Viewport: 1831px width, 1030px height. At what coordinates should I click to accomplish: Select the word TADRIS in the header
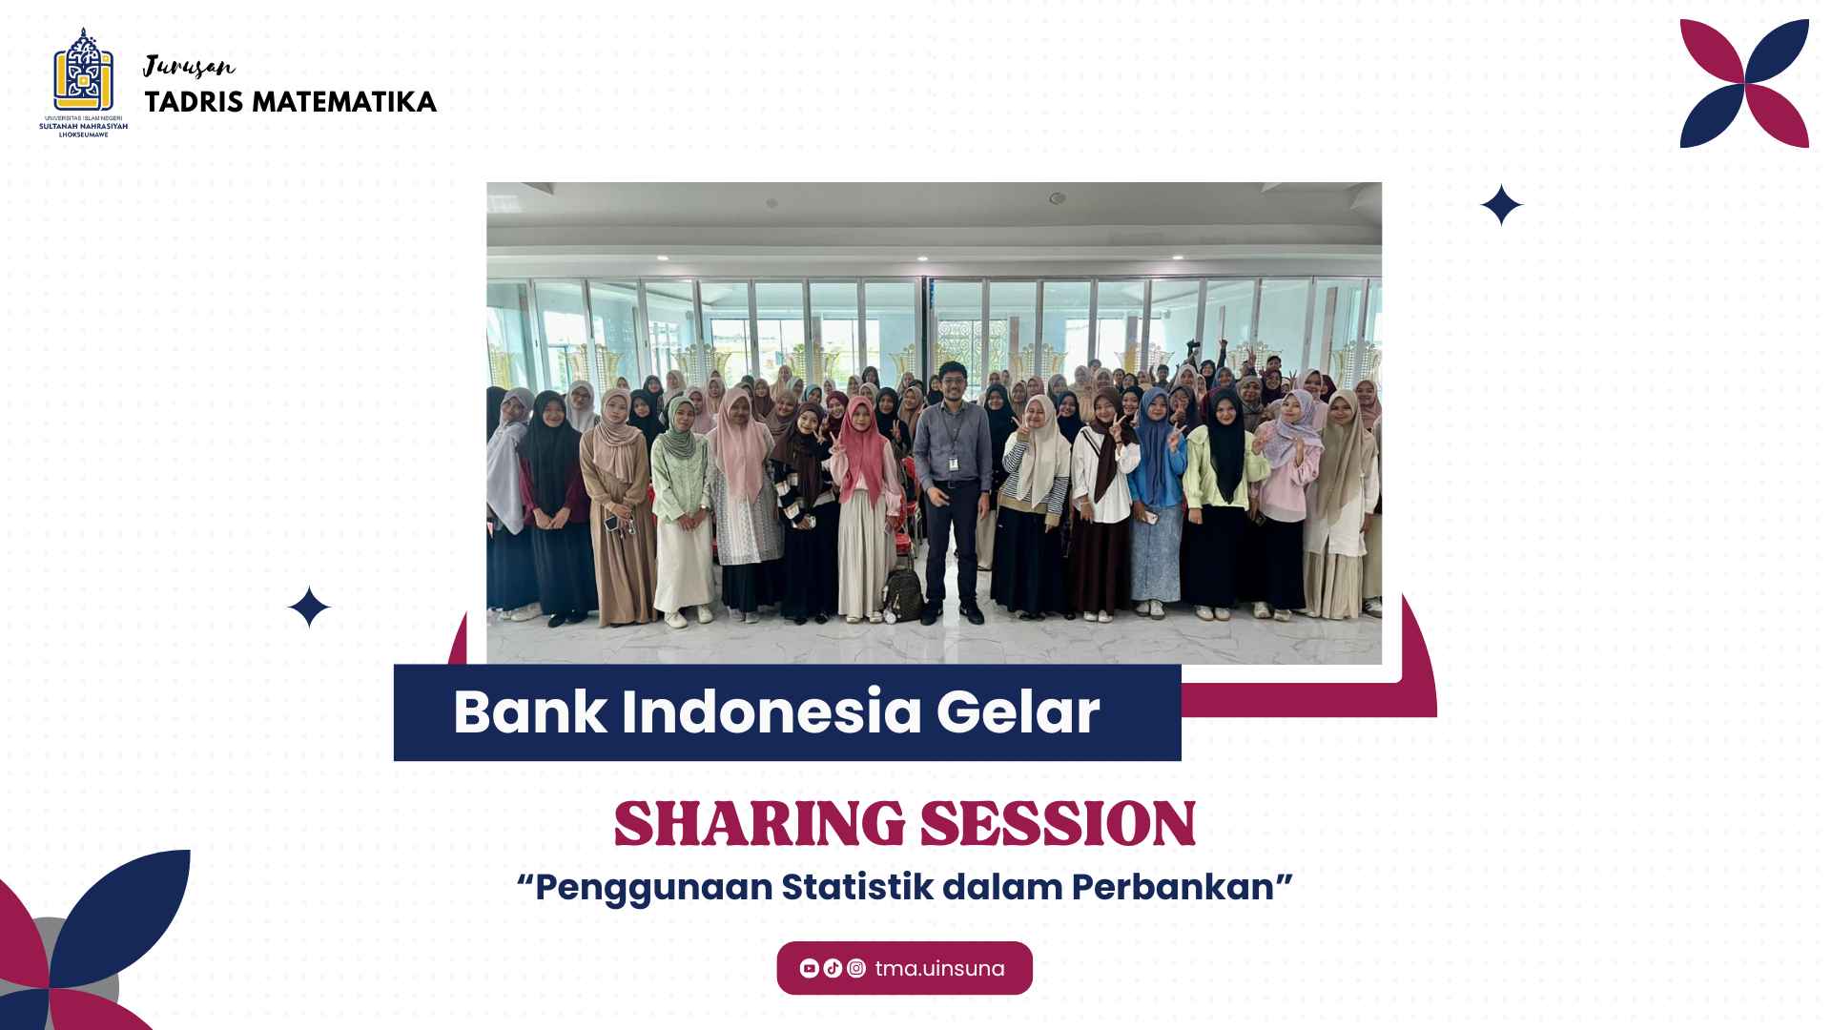(195, 102)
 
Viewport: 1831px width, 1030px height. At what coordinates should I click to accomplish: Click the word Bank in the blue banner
(530, 711)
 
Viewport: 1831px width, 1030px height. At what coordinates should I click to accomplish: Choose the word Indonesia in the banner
(771, 711)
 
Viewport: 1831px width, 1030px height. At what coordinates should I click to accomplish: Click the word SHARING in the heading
(759, 824)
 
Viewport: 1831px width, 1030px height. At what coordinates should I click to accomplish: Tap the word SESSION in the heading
(1058, 824)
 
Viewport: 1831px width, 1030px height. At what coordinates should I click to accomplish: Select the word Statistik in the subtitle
(857, 887)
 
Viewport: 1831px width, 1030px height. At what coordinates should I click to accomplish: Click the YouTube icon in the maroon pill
(810, 969)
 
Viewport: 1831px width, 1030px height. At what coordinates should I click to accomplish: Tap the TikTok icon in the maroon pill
(833, 969)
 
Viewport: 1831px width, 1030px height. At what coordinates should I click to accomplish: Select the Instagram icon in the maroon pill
(856, 969)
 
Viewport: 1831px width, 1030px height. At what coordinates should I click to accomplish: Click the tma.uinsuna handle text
(939, 969)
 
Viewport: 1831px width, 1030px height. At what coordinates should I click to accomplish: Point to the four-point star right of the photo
(1501, 205)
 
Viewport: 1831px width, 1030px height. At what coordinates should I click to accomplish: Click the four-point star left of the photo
(309, 608)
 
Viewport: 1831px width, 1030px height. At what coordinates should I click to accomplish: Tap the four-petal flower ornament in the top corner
(1744, 84)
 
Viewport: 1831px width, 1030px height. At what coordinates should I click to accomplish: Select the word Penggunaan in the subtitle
(653, 888)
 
